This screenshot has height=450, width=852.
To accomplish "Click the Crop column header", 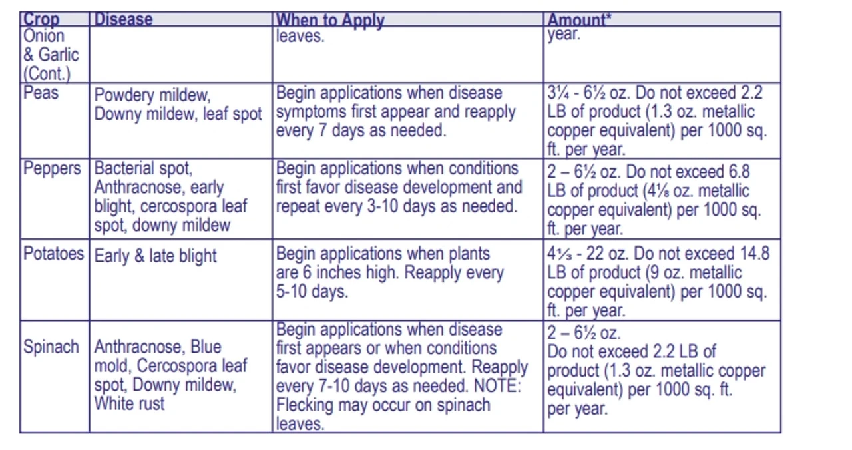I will click(41, 19).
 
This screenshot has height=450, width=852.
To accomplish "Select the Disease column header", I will click(123, 19).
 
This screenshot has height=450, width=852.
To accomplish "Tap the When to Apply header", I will click(330, 20).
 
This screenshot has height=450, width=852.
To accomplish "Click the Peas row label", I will click(41, 93).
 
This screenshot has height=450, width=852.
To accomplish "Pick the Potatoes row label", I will click(54, 254).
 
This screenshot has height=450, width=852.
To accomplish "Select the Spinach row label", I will click(51, 347).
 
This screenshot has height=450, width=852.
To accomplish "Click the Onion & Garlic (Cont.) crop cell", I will click(51, 54).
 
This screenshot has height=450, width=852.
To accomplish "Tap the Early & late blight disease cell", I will click(155, 256).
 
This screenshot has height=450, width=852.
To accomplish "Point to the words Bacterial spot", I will click(143, 169).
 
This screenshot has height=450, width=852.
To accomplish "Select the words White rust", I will click(129, 403).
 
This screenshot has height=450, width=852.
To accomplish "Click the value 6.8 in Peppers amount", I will click(734, 172).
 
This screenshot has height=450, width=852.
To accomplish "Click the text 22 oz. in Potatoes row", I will click(604, 254).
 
